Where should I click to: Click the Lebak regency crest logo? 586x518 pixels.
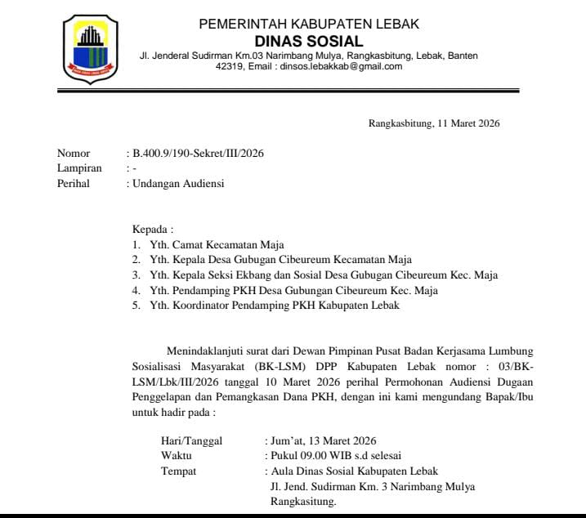point(90,48)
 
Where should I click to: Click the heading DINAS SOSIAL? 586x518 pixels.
point(309,41)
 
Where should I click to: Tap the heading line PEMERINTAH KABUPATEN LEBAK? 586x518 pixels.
point(309,24)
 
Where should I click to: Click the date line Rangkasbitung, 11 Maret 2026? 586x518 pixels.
point(433,124)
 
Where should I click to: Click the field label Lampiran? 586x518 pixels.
point(79,168)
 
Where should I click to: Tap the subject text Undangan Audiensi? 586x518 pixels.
point(178,184)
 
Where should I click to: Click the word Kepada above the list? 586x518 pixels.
point(152,229)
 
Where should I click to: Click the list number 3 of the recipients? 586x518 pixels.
point(136,275)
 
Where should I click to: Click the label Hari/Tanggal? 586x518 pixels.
point(191,440)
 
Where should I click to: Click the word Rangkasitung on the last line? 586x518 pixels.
point(302,502)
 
